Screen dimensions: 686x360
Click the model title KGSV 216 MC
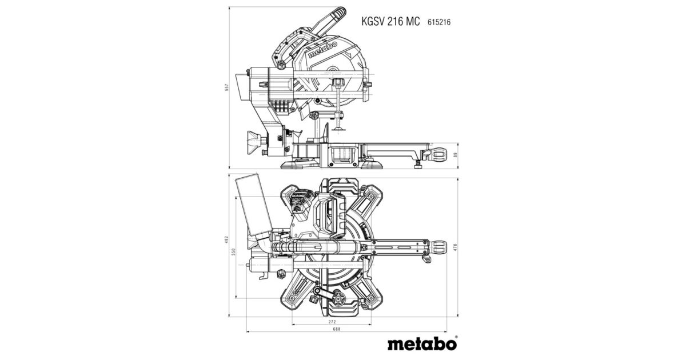pos(390,22)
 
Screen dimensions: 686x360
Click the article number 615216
pos(439,22)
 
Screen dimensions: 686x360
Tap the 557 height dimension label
pos(227,87)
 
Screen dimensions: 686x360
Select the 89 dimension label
pos(456,155)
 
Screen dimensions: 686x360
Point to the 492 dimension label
pos(226,239)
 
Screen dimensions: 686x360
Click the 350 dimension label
pos(233,252)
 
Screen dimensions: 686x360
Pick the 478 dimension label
pos(455,247)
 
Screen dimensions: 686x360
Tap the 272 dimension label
pos(332,322)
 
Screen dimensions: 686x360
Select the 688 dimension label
pos(336,329)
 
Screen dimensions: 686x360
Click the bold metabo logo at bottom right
pos(422,343)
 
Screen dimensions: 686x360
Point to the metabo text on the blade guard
pos(322,50)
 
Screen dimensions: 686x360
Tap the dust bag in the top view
pos(254,205)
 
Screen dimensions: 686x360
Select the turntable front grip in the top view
pos(438,247)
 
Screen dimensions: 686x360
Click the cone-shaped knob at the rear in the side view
pos(254,143)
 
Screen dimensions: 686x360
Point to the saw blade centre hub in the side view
pos(332,73)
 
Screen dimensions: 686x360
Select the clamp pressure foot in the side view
pos(338,129)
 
